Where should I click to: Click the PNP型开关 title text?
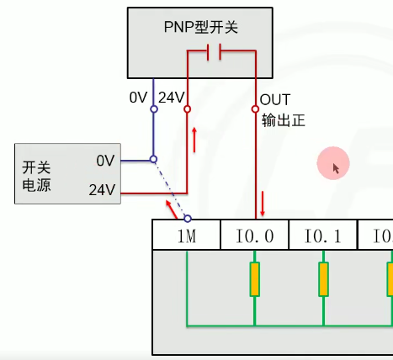tap(200, 27)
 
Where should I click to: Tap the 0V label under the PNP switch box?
tap(139, 98)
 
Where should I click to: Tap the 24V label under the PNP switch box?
tap(171, 98)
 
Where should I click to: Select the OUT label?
tap(275, 99)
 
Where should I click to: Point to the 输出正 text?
tap(282, 120)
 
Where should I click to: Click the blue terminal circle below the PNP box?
tap(153, 109)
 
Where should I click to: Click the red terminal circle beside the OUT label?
tap(255, 109)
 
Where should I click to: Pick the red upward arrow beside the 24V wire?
tap(196, 138)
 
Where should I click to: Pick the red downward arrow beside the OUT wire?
tap(263, 203)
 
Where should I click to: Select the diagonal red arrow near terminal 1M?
tap(171, 206)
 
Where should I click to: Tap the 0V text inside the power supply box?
tap(104, 160)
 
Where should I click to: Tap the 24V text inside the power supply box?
tap(102, 190)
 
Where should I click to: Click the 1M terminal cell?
tap(186, 236)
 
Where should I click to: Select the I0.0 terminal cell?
tap(254, 236)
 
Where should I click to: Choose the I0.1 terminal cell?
tap(322, 236)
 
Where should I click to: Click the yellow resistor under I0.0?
tap(254, 279)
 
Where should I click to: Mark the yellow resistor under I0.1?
tap(322, 279)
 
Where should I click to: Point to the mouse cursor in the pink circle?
tap(336, 168)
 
